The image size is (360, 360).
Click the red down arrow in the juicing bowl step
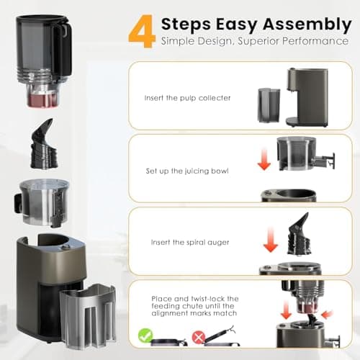(264, 161)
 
